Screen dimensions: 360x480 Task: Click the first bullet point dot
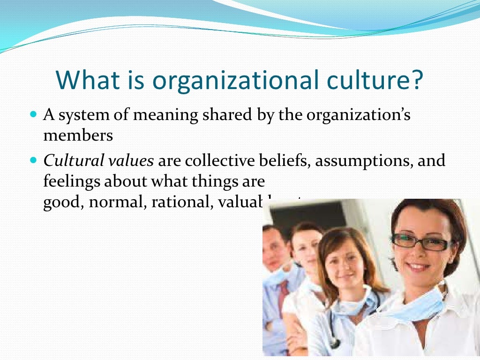(x=33, y=114)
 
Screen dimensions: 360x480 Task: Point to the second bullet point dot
(x=33, y=160)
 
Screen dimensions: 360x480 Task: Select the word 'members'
(x=78, y=135)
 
